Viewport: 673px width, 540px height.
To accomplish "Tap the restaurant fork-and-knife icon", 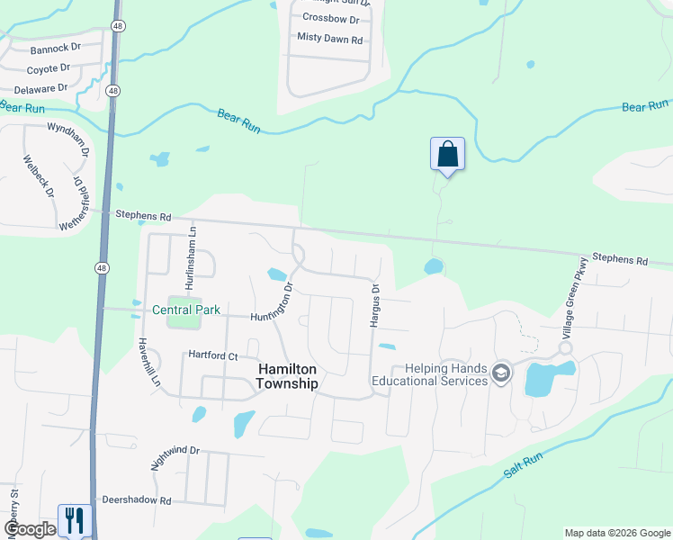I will click(x=75, y=520).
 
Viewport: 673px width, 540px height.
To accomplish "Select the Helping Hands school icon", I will click(x=502, y=373).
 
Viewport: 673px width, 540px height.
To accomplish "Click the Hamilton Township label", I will click(x=288, y=376).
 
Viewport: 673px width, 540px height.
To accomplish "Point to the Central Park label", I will click(x=186, y=310).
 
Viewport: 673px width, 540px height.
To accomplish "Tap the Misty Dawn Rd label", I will click(x=329, y=39).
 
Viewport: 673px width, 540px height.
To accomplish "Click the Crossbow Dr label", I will click(x=330, y=18).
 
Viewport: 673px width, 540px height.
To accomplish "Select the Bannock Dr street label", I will click(x=56, y=49).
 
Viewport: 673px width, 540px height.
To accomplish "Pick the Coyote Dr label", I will click(x=49, y=68).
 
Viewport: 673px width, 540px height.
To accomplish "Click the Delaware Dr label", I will click(x=41, y=88).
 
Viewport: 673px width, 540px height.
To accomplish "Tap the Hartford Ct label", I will click(x=212, y=355).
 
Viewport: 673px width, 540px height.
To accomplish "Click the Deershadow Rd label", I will click(x=136, y=499).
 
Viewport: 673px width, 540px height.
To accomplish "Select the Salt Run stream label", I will click(x=524, y=469).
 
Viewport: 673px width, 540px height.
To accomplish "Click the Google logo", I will click(x=30, y=529).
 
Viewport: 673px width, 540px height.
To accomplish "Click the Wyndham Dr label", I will click(x=69, y=138).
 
